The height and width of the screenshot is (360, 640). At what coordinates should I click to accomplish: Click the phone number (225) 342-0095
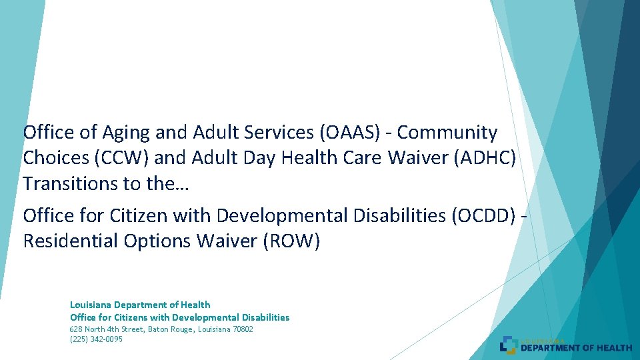click(96, 339)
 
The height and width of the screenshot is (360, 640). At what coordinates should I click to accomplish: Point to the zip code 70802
click(241, 329)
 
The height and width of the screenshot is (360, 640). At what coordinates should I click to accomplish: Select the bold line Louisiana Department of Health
click(140, 305)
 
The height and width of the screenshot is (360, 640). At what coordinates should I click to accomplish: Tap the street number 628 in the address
click(77, 329)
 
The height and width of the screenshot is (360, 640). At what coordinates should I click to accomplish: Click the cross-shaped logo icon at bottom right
click(509, 344)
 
